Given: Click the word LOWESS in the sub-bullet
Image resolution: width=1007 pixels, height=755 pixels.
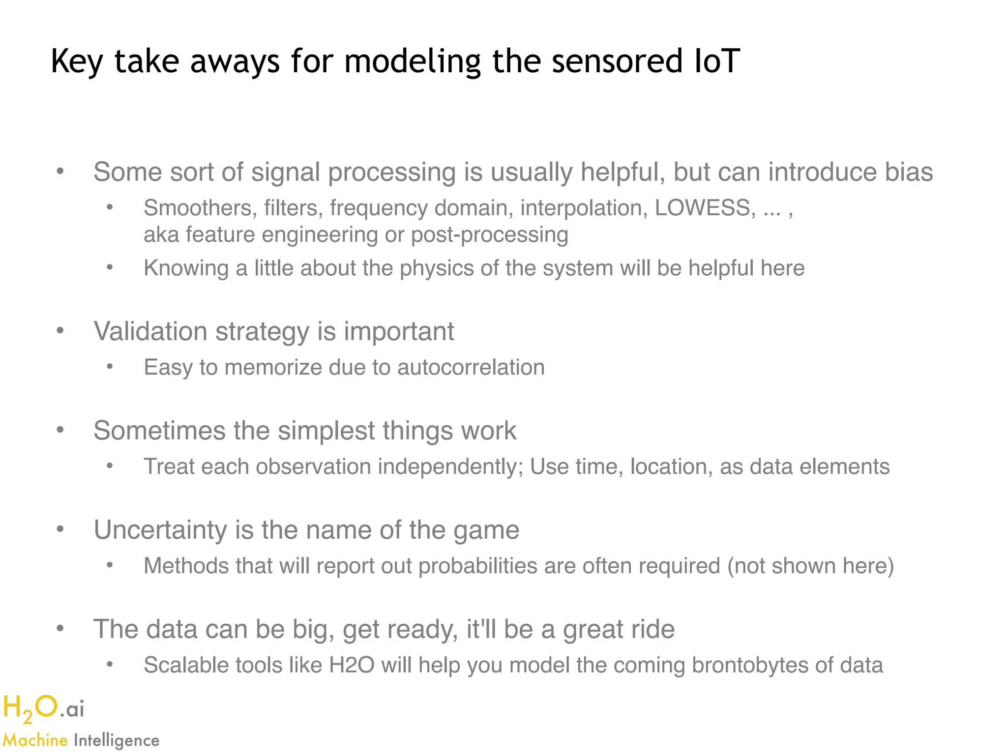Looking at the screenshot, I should tap(702, 208).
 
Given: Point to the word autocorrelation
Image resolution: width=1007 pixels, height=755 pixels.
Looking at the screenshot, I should tap(471, 368).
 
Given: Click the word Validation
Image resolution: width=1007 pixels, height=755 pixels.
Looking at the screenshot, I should tap(151, 331).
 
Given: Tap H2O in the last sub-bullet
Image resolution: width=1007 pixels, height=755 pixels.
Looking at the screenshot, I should tap(352, 665).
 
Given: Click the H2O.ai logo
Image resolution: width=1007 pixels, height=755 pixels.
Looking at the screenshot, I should tap(43, 709).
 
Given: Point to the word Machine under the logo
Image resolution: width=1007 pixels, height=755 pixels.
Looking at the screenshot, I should tap(35, 740).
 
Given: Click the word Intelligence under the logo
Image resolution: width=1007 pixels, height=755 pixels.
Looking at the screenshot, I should tap(117, 740).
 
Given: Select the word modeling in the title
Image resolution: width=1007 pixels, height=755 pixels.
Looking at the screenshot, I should tap(412, 62).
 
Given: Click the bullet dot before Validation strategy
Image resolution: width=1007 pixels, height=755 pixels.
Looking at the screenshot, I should tap(60, 331).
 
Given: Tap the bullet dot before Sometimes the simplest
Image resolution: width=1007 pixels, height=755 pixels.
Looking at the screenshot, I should tap(60, 430).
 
